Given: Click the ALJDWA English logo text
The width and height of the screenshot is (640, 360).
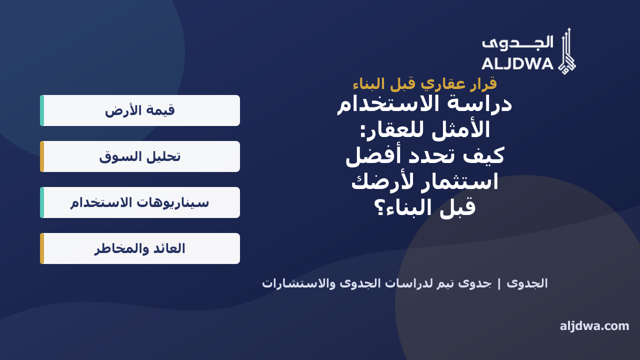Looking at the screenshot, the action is pos(517,64).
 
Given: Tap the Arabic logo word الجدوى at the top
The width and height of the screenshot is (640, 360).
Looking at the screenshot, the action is pos(517,43).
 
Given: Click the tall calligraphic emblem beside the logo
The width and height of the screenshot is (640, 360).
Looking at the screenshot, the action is pos(567,51).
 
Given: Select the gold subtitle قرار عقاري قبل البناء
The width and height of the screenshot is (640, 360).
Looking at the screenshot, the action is pos(425,84).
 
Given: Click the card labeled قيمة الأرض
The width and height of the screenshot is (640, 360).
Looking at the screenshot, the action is pos(140,110).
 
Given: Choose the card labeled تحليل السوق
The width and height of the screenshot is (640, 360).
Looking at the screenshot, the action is pos(140,156).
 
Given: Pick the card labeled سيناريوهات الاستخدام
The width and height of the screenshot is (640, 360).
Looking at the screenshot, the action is pos(140,202).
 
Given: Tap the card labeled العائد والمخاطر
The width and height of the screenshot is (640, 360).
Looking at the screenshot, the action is pos(140,248).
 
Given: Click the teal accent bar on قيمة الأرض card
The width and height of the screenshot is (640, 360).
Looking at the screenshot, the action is pos(42,110).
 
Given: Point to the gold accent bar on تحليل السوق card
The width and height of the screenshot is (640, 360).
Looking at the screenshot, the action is pos(42,156).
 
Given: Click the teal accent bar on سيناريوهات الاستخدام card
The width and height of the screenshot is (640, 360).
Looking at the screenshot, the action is pos(42,202).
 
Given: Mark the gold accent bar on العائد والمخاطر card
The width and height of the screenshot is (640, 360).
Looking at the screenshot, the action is pos(42,248).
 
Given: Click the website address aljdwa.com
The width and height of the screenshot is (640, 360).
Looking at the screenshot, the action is pos(594,326).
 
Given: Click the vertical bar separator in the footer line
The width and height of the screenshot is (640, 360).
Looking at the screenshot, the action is pos(499,284).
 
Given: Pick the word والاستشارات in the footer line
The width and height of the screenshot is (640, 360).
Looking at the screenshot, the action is pos(299,283).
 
